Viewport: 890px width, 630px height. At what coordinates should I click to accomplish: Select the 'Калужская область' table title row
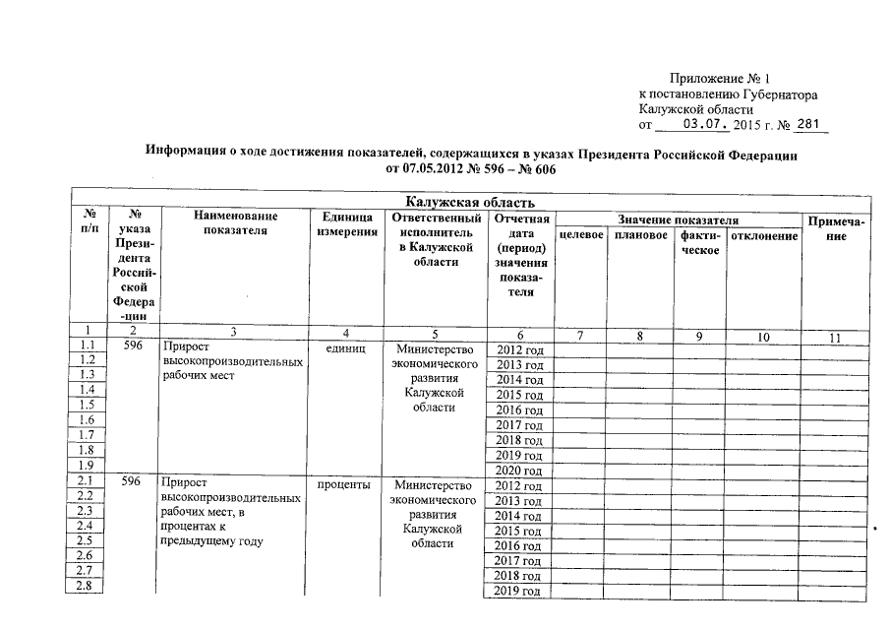pyautogui.click(x=471, y=203)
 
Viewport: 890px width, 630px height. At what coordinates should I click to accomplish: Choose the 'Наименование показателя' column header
pyautogui.click(x=235, y=223)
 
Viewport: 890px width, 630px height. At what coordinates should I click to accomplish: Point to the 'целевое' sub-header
pyautogui.click(x=580, y=237)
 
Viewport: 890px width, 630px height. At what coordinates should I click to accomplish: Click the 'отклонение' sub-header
pyautogui.click(x=762, y=237)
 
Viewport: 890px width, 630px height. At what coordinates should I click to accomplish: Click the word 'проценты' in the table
pyautogui.click(x=344, y=485)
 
